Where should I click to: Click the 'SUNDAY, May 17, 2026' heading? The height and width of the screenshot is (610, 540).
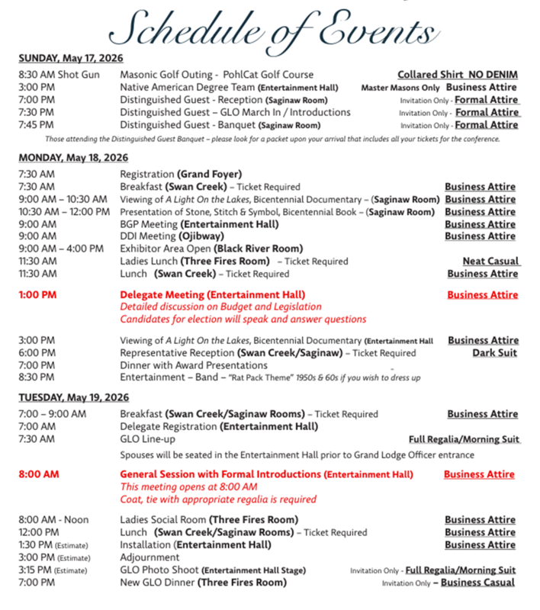pos(71,58)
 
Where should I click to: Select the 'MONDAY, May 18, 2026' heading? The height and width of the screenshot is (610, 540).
pos(72,158)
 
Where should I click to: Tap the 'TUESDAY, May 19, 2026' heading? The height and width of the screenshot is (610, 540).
pos(74,398)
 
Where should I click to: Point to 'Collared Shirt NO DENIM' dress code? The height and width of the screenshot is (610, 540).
pos(458,75)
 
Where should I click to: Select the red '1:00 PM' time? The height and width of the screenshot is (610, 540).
pos(37,294)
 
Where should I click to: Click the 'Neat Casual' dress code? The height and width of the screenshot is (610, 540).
pos(490,261)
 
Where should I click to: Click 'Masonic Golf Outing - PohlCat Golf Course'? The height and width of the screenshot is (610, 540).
pos(217,75)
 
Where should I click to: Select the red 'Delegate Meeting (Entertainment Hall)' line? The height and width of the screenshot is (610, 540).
pos(213,294)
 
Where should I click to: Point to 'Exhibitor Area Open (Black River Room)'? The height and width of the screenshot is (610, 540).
pos(211,249)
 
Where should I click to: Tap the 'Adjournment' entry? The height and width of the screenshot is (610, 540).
pos(149,557)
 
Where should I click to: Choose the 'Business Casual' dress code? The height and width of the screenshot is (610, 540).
pos(477,583)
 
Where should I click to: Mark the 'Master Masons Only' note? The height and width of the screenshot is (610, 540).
pos(400,88)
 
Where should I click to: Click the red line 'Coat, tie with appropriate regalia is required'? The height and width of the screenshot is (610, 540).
pos(218,499)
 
